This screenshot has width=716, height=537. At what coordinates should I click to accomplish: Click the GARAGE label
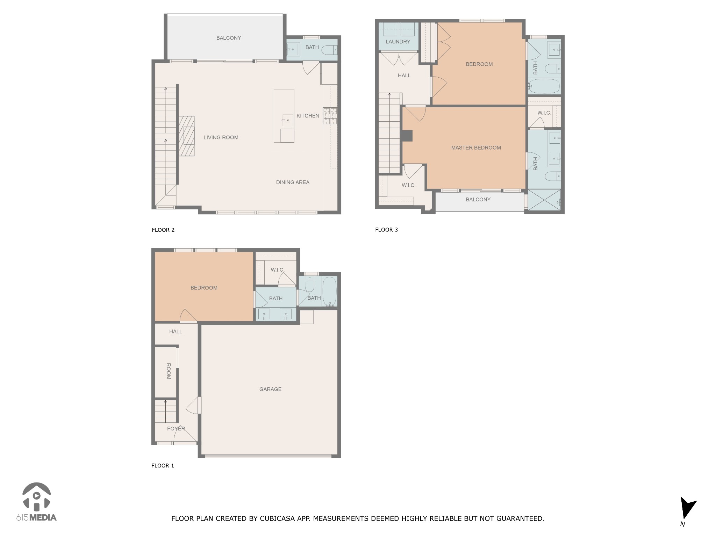[x=270, y=389]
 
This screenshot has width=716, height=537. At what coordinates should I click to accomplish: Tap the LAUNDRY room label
[x=398, y=42]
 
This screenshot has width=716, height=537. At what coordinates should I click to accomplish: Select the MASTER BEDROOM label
[x=476, y=148]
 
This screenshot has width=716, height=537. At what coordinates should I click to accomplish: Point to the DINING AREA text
[x=293, y=182]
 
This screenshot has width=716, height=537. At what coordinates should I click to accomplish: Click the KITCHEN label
[x=308, y=116]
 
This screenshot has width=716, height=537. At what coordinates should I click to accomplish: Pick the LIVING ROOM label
[x=221, y=137]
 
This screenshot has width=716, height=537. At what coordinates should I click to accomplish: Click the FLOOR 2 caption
[x=163, y=230]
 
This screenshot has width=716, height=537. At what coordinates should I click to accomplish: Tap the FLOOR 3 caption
[x=386, y=230]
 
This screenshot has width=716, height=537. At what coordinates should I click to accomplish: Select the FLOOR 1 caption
[x=163, y=465]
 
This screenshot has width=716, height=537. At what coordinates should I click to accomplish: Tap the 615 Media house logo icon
[x=36, y=496]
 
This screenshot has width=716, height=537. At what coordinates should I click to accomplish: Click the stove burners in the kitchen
[x=330, y=116]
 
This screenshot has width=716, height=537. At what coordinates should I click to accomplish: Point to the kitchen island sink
[x=287, y=121]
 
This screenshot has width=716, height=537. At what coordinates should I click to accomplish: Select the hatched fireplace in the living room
[x=187, y=136]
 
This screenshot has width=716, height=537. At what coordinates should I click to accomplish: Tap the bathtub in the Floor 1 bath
[x=329, y=291]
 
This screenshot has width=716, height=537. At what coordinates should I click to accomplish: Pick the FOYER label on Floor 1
[x=176, y=429]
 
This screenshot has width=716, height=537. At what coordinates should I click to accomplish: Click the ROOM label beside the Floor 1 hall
[x=169, y=371]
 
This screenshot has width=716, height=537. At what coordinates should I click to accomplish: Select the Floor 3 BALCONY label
[x=478, y=199]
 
